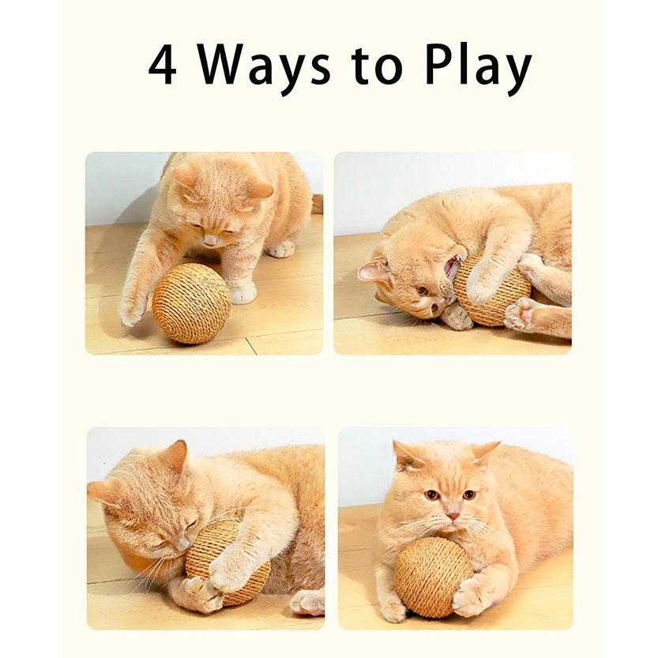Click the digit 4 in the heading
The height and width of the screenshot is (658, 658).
point(163,65)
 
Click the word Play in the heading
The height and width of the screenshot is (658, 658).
point(479,69)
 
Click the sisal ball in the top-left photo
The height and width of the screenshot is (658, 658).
point(191,303)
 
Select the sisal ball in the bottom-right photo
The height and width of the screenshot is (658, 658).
point(434,579)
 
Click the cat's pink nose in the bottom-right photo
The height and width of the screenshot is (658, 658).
point(453,515)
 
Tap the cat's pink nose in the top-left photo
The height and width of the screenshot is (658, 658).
point(210,241)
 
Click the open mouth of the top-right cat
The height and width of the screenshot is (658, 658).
point(453,269)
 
